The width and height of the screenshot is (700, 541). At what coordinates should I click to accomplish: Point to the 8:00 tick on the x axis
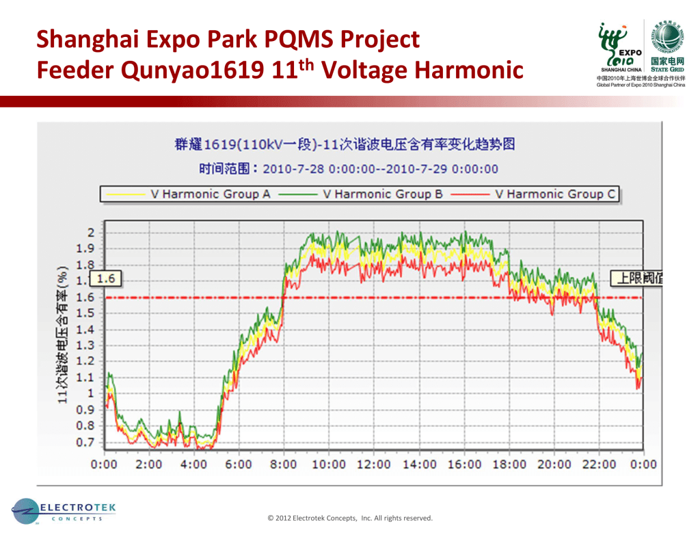tap(284, 464)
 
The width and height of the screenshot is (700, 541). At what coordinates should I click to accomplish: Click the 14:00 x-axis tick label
tap(419, 464)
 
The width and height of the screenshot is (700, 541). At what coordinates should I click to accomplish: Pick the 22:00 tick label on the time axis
tap(600, 464)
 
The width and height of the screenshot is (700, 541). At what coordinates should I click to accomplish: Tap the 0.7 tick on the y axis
tap(85, 442)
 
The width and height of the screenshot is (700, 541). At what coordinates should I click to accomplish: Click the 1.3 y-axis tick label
tap(85, 345)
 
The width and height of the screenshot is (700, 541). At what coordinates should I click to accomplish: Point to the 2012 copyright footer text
tap(350, 518)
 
